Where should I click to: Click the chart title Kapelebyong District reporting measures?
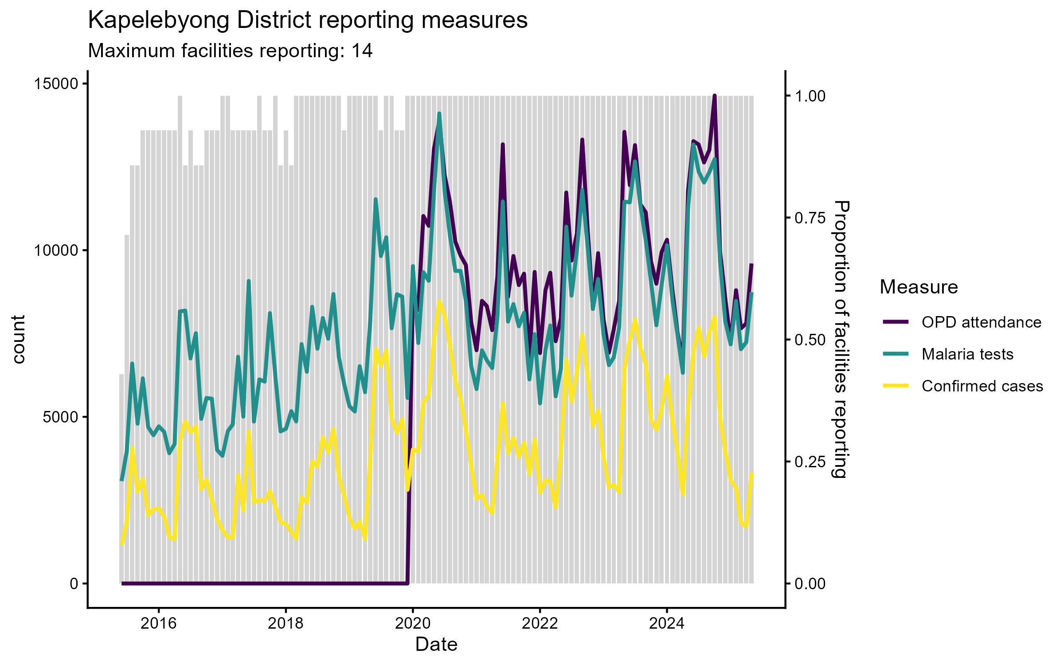point(308,20)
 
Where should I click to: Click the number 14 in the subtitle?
point(362,51)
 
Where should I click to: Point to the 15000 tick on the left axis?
point(56,84)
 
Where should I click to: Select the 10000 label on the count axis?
point(56,250)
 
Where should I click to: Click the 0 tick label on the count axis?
point(74,583)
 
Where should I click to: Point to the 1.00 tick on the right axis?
point(810,96)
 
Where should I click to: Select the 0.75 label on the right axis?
point(810,218)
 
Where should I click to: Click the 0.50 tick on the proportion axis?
point(810,340)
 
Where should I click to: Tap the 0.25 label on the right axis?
point(810,462)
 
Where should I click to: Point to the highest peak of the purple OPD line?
point(715,96)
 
